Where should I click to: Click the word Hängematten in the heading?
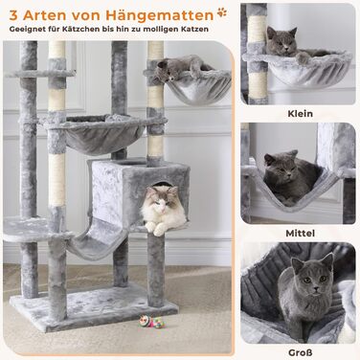coord(160,14)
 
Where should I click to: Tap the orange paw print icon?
coord(222,12)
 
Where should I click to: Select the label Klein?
coord(300,113)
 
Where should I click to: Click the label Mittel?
coord(300,233)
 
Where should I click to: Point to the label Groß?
coord(300,352)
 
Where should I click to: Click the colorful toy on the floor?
coord(151,322)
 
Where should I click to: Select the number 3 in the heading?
coord(13,15)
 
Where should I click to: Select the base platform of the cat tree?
coord(94,307)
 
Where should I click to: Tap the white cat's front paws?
coord(155,229)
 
